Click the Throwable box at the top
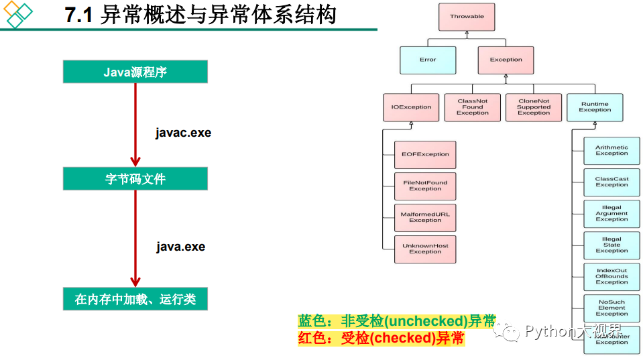[467, 17]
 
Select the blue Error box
[428, 60]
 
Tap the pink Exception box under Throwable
[506, 60]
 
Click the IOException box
[411, 107]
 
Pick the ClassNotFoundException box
[472, 107]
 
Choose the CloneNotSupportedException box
[533, 107]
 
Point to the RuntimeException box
[595, 107]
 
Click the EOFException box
[425, 154]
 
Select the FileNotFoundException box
[425, 186]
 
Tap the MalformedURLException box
[425, 217]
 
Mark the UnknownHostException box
[425, 249]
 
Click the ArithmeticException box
[611, 151]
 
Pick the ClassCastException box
[611, 182]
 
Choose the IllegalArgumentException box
[611, 214]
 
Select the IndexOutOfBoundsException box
[611, 277]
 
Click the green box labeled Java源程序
[135, 72]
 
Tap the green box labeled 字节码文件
[135, 179]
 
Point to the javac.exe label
[183, 133]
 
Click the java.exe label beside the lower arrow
[180, 247]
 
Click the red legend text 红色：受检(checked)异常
[381, 338]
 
